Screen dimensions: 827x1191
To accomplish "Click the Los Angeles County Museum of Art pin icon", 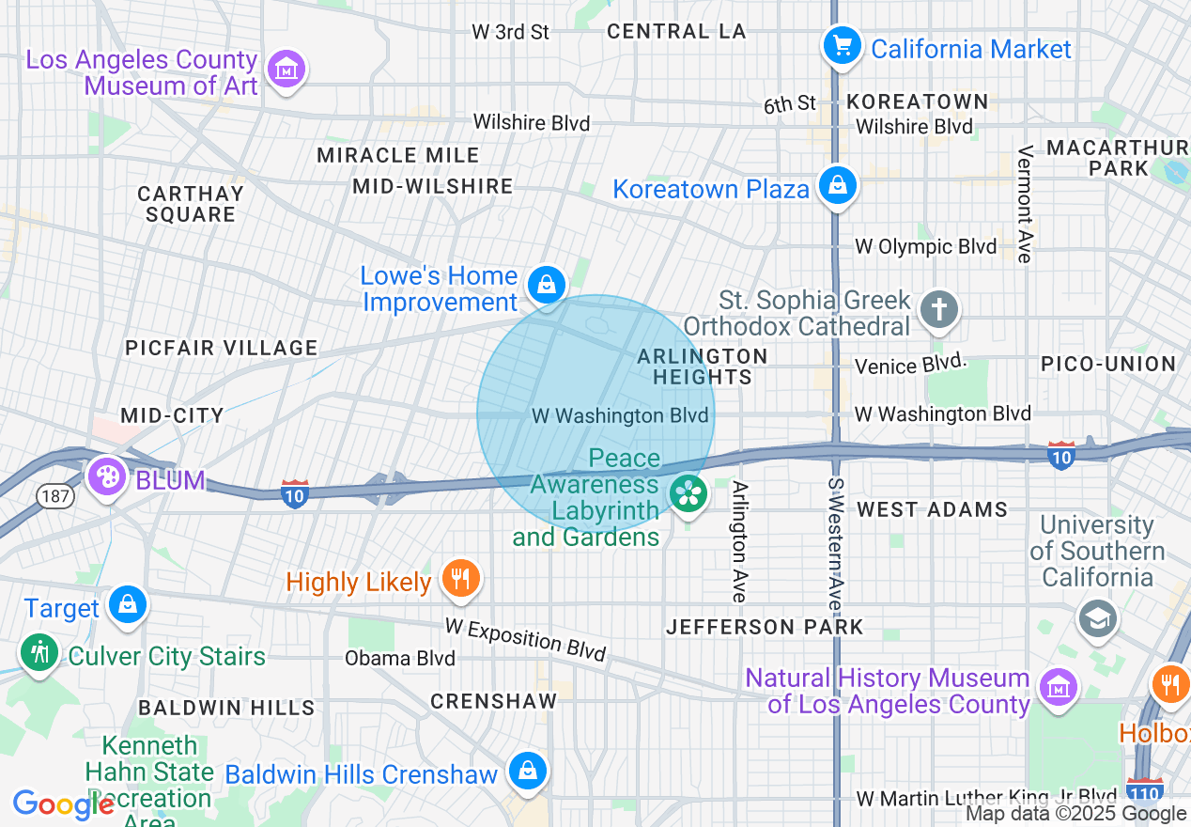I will (x=287, y=70).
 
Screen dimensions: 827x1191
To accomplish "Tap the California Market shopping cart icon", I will (x=842, y=45).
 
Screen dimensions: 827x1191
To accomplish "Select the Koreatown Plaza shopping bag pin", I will (x=837, y=185).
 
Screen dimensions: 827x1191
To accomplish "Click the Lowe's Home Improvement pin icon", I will (x=546, y=283).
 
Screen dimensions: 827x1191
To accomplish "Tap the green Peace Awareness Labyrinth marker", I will (x=688, y=492).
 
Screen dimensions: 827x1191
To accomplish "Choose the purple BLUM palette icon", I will (x=107, y=476).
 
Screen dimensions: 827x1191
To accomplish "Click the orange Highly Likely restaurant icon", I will (x=460, y=578).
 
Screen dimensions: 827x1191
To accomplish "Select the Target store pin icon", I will (x=126, y=604).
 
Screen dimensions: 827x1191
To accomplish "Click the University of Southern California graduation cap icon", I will (x=1097, y=618).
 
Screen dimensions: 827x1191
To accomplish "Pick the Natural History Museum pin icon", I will (x=1059, y=686).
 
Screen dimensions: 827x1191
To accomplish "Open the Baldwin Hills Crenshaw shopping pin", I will (x=527, y=772).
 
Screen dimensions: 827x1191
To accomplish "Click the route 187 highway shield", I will (x=57, y=495).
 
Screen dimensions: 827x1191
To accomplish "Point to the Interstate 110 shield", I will (x=1145, y=788).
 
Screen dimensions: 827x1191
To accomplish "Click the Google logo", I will (x=63, y=804).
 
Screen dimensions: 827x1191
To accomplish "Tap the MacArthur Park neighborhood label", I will (x=1117, y=158).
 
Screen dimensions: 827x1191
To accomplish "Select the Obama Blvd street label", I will (x=399, y=658).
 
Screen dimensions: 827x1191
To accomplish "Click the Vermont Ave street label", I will (x=1025, y=204).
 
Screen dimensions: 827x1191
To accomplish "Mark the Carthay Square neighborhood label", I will (x=191, y=204).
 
